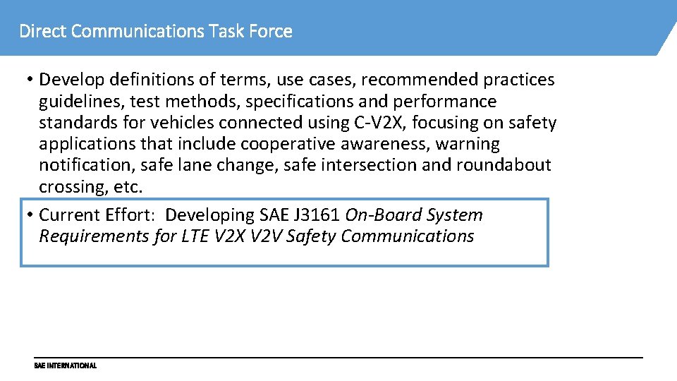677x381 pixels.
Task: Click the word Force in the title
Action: [x=271, y=32]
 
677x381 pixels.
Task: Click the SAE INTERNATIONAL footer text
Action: [x=65, y=366]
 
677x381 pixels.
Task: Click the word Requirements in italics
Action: [x=94, y=236]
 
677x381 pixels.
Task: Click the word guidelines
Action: [x=81, y=102]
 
